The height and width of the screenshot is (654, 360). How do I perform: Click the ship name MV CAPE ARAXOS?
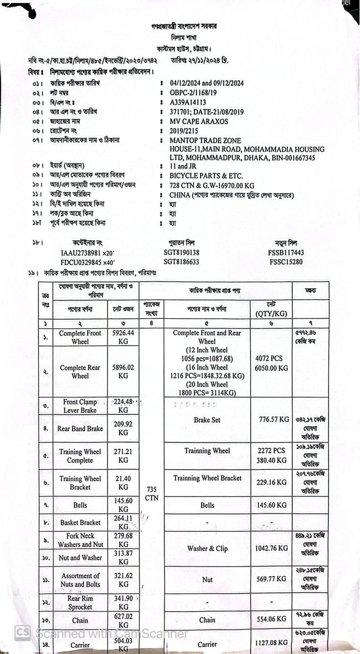tap(199, 122)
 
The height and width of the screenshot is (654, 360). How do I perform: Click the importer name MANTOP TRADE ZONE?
tap(205, 141)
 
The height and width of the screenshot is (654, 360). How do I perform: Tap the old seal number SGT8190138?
tap(181, 252)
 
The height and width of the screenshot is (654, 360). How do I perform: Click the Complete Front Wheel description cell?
tap(80, 337)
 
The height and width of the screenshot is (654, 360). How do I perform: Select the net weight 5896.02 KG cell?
tap(123, 371)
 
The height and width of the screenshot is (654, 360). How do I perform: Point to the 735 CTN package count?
tap(151, 493)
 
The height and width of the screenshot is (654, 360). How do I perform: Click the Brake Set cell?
tap(207, 419)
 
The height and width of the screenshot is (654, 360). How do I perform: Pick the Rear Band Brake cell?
tap(80, 429)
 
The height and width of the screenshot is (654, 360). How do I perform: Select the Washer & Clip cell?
tap(207, 549)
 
